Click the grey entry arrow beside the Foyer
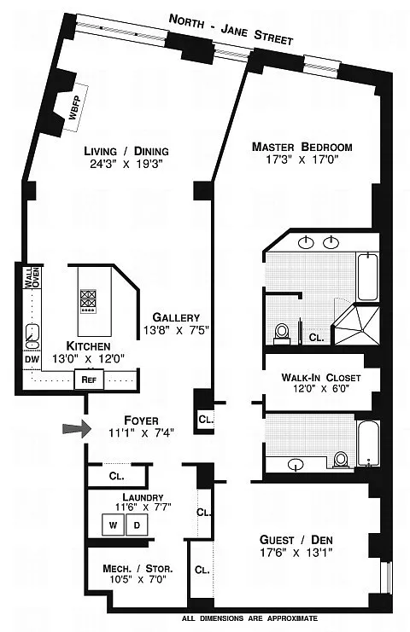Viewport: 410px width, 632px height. [x=77, y=429]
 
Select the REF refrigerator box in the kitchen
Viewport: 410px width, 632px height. [x=89, y=380]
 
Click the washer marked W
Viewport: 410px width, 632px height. [x=113, y=525]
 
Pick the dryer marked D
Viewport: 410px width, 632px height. [x=137, y=525]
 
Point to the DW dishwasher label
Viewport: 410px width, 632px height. [x=32, y=359]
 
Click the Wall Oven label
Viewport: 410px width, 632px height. [x=32, y=277]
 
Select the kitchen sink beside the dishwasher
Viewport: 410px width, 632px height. [x=32, y=336]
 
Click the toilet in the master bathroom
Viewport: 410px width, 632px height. [x=282, y=333]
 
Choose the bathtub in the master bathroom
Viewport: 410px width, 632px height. [x=367, y=276]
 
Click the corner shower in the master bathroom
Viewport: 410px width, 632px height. [x=356, y=323]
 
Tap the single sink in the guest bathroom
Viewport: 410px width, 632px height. [x=296, y=464]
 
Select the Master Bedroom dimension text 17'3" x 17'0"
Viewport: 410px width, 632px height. [x=302, y=159]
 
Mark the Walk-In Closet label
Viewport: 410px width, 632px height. [x=321, y=378]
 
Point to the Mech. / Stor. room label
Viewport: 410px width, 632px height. [x=138, y=569]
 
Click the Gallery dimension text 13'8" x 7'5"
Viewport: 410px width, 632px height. [x=176, y=330]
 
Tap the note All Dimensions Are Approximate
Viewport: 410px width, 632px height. [x=249, y=618]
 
